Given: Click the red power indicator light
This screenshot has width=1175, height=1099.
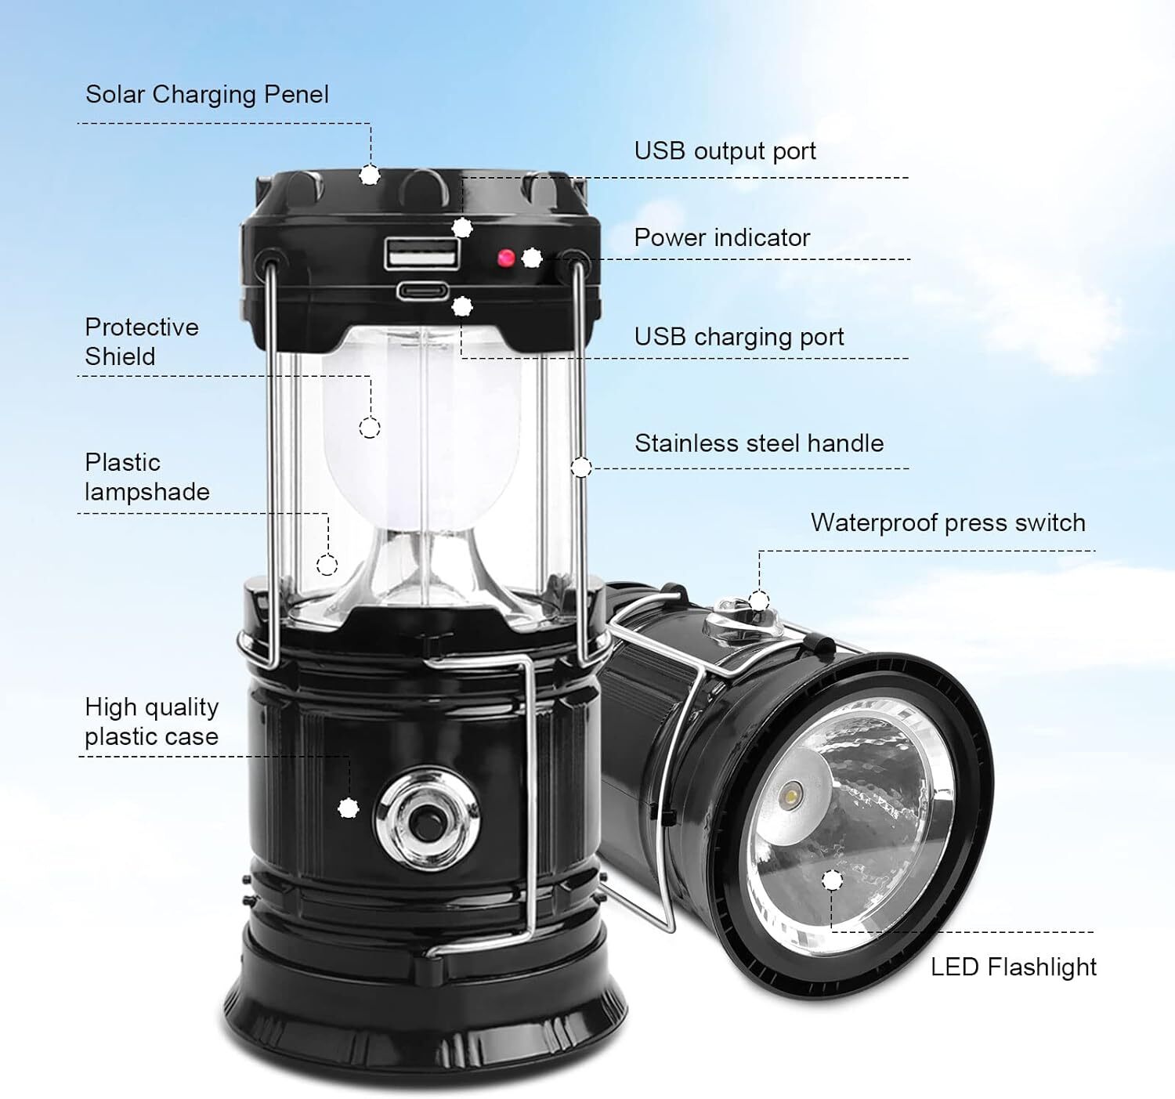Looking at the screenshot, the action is [506, 258].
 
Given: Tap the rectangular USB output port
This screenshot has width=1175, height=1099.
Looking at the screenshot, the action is [422, 253].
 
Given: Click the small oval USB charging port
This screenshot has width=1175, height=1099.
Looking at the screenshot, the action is [422, 291].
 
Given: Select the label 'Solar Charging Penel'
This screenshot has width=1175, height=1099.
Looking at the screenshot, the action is [207, 95].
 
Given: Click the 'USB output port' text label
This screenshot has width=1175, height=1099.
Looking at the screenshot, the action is [725, 151].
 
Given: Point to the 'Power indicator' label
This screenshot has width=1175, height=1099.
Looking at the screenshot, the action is [721, 238].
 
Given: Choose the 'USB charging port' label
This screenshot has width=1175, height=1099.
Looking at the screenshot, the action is [739, 338].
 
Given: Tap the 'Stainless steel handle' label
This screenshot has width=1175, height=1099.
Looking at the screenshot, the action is [759, 443].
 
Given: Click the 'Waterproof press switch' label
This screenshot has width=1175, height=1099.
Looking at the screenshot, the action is [948, 523].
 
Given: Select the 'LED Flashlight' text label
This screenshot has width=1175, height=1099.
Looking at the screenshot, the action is [1014, 967].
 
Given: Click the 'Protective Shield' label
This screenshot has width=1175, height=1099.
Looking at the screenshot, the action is [142, 342].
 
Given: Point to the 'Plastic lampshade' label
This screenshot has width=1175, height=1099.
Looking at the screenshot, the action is [147, 477].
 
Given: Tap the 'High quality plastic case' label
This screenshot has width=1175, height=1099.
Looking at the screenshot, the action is [151, 722].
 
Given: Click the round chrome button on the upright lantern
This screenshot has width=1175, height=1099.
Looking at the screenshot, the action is [427, 819].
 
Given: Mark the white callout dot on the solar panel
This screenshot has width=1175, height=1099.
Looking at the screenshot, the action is [370, 175].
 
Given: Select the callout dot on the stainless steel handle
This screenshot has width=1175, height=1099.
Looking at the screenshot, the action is [581, 468].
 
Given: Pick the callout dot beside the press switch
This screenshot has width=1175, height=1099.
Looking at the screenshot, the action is [759, 602].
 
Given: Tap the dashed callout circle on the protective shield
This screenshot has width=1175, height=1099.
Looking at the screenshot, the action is [370, 427].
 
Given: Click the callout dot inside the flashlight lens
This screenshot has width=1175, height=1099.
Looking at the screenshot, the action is [833, 880].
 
